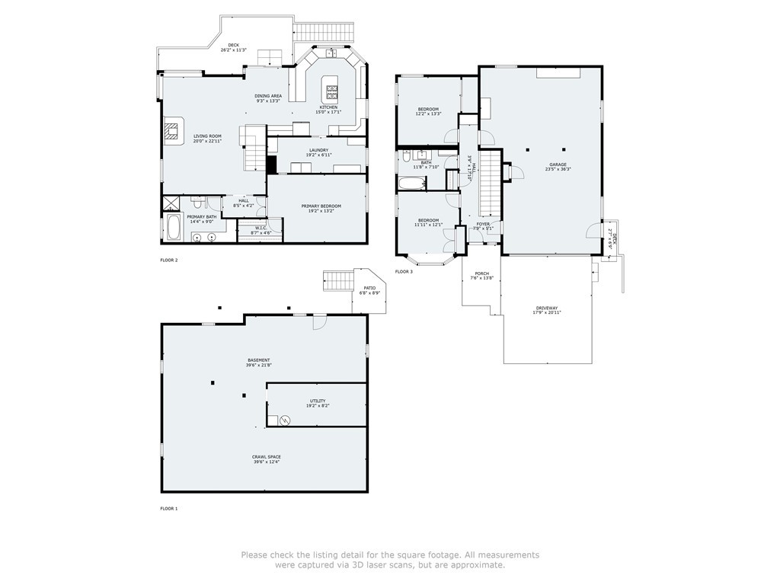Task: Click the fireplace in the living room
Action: (173, 130)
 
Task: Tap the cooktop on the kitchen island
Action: (332, 93)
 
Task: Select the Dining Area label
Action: (268, 96)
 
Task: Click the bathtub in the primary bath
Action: (174, 227)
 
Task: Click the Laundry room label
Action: (318, 150)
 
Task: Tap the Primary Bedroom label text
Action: (321, 206)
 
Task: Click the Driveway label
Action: (548, 308)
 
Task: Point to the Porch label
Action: (481, 273)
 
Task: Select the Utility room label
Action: (318, 401)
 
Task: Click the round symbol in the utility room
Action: (285, 419)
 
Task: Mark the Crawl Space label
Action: (267, 457)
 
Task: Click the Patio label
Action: (369, 288)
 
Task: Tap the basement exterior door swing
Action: (320, 323)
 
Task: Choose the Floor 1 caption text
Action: (168, 508)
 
